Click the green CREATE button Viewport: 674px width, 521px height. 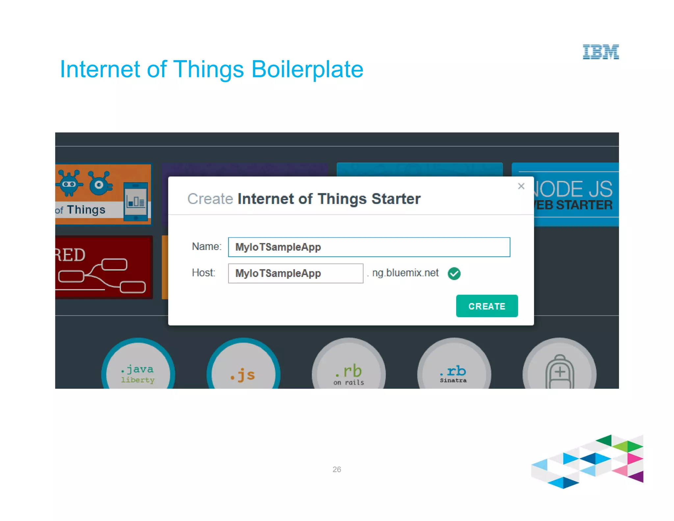coord(487,306)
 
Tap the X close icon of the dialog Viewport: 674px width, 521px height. coord(521,186)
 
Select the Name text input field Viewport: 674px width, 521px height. coord(369,247)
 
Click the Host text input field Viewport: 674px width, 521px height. coord(296,273)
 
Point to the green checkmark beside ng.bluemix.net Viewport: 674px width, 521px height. coord(454,273)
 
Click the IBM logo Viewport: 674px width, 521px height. coord(601,52)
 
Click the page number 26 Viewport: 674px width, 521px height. coord(337,469)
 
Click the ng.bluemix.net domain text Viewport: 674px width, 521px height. coord(405,273)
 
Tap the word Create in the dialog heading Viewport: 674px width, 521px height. coord(210,199)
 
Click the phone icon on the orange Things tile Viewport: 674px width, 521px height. coord(136,201)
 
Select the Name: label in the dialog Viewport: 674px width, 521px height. coord(207,246)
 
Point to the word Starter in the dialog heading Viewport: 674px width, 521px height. coord(396,199)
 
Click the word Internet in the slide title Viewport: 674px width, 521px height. coord(100,69)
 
